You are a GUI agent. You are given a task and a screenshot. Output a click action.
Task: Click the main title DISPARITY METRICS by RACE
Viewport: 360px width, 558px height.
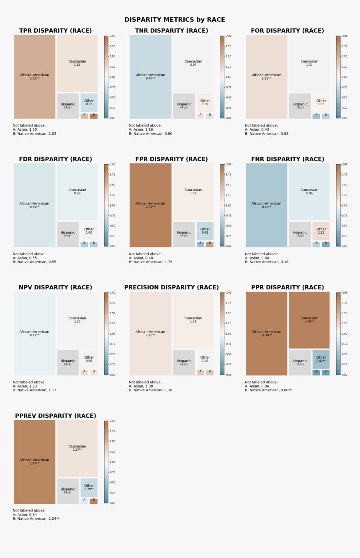pyautogui.click(x=175, y=20)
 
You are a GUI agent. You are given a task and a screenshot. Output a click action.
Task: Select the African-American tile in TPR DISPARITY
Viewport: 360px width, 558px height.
pyautogui.click(x=34, y=77)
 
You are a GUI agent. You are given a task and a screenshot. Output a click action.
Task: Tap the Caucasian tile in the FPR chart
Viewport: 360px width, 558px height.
pyautogui.click(x=193, y=191)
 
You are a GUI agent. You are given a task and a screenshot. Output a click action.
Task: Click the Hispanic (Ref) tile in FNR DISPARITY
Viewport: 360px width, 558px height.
pyautogui.click(x=300, y=234)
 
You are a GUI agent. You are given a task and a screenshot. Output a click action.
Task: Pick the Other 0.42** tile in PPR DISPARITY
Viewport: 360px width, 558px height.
pyautogui.click(x=321, y=359)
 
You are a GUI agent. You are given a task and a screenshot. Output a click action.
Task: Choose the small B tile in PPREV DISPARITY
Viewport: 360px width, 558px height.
pyautogui.click(x=93, y=501)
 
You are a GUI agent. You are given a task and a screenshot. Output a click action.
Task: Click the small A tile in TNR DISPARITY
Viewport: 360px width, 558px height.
pyautogui.click(x=200, y=116)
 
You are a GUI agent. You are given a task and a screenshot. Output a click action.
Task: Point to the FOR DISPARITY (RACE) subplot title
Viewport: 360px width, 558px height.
pyautogui.click(x=287, y=31)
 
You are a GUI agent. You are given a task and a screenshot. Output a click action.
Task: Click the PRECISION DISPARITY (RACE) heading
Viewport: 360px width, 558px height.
pyautogui.click(x=171, y=287)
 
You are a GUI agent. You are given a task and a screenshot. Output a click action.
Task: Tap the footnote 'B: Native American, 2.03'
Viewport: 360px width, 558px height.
pyautogui.click(x=34, y=134)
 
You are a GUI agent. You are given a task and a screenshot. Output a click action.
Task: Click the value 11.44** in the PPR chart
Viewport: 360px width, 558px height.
pyautogui.click(x=266, y=336)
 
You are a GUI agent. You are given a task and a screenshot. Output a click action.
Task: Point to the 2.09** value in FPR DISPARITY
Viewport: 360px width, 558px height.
pyautogui.click(x=150, y=207)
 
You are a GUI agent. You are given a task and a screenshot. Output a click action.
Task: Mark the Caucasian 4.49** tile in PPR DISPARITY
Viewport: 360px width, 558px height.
pyautogui.click(x=309, y=320)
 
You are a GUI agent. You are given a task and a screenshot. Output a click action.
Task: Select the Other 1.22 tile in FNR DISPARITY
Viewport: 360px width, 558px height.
pyautogui.click(x=321, y=231)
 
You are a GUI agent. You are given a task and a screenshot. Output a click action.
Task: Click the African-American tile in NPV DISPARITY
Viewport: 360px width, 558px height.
pyautogui.click(x=34, y=333)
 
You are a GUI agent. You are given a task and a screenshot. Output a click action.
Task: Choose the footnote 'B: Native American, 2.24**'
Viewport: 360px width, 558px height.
pyautogui.click(x=36, y=519)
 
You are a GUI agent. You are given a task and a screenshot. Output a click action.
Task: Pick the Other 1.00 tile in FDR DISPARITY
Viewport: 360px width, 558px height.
pyautogui.click(x=89, y=231)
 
